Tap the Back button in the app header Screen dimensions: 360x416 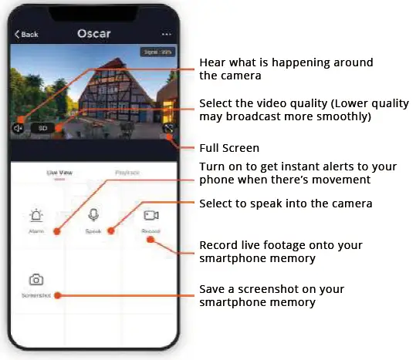[x=26, y=35]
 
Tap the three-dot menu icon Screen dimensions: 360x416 [x=166, y=35]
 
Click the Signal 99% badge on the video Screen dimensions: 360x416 [x=157, y=52]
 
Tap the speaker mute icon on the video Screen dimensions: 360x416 [x=19, y=129]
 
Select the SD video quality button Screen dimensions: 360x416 [x=42, y=129]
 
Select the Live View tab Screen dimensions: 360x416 [x=59, y=174]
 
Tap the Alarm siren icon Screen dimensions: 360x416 [x=36, y=216]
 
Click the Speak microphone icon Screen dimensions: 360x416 [x=93, y=216]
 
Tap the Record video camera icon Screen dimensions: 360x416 [x=151, y=216]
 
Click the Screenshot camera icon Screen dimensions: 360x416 [x=36, y=280]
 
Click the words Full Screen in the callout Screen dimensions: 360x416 [x=229, y=147]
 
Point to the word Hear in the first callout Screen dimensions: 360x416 [x=211, y=62]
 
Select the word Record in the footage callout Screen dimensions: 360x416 [x=218, y=245]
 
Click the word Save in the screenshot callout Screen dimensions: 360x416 [x=213, y=289]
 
